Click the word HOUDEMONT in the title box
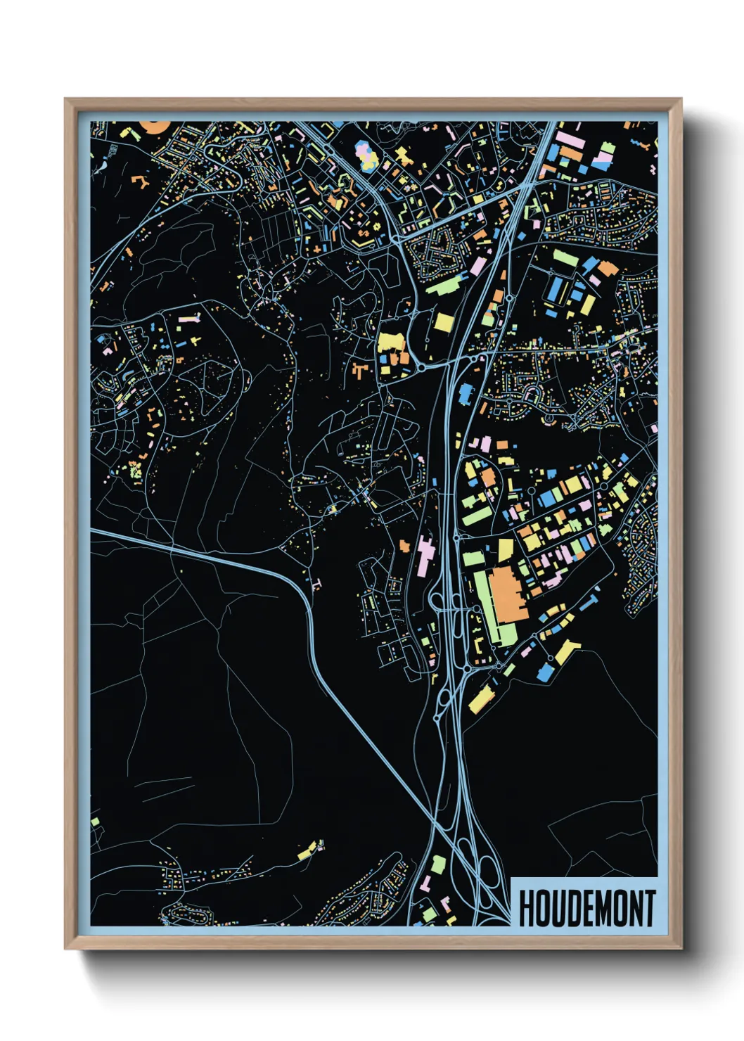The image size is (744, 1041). click(586, 908)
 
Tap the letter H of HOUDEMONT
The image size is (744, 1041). click(527, 908)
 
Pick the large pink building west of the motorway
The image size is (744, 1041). click(426, 556)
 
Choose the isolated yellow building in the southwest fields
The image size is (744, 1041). click(307, 852)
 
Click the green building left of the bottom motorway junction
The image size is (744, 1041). click(437, 864)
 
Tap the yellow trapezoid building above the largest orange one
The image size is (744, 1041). click(505, 549)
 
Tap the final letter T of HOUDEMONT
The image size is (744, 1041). click(648, 908)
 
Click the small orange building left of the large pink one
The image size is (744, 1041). click(404, 545)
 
